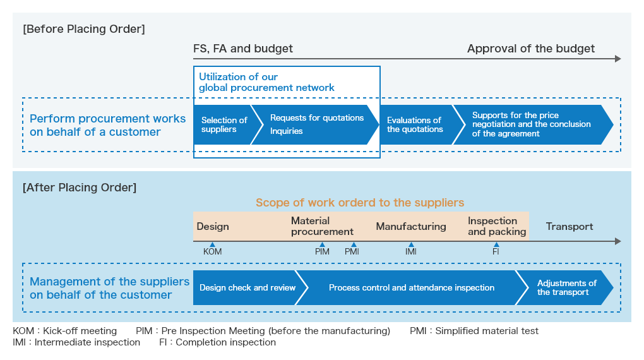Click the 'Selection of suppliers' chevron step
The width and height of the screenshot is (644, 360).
[x=226, y=124]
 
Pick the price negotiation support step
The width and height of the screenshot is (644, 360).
[x=532, y=124]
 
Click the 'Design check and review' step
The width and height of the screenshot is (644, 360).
[x=249, y=287]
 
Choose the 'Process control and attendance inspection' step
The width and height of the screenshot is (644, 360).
[x=412, y=287]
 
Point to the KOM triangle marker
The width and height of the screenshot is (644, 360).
[x=212, y=244]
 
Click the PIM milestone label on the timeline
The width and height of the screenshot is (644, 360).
[x=322, y=251]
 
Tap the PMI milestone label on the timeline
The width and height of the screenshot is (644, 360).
[x=352, y=251]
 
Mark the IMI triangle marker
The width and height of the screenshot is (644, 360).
[x=411, y=244]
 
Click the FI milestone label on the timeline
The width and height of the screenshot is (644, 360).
[x=496, y=251]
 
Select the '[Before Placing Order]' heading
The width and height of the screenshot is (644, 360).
[x=84, y=29]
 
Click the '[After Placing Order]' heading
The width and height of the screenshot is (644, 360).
[x=80, y=188]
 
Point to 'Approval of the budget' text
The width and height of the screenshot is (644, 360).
[x=530, y=49]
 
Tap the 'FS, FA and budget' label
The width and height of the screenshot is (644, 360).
[x=243, y=49]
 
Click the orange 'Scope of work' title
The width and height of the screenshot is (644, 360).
[x=360, y=203]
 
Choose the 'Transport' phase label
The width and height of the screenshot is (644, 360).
[x=569, y=227]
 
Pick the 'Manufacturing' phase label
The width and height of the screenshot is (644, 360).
[x=411, y=227]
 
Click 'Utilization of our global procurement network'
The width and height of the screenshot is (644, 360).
[x=266, y=82]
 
